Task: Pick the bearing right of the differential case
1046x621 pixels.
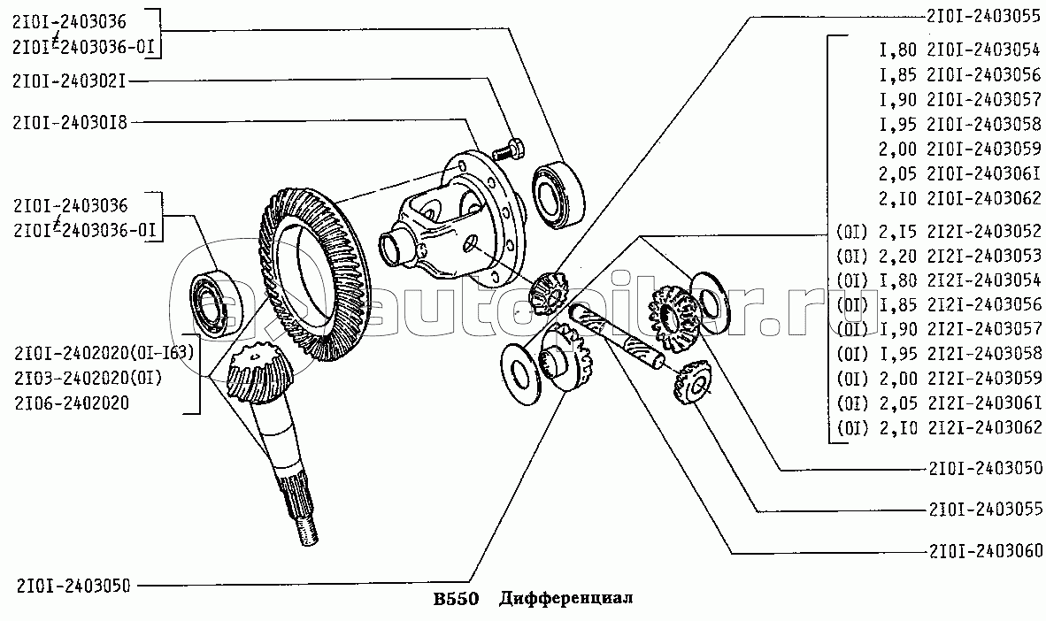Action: pyautogui.click(x=558, y=195)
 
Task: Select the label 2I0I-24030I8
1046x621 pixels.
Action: pyautogui.click(x=69, y=122)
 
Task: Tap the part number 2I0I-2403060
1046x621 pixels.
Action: pyautogui.click(x=985, y=551)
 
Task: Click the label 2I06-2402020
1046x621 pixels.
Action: pyautogui.click(x=72, y=402)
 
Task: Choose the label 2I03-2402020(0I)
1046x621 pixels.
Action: pyautogui.click(x=88, y=379)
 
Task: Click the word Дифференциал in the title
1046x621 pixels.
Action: pyautogui.click(x=566, y=598)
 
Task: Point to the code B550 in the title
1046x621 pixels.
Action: pyautogui.click(x=457, y=598)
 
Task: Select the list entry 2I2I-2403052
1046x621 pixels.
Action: pyautogui.click(x=984, y=231)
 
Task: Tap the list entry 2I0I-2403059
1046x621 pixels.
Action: pyautogui.click(x=984, y=148)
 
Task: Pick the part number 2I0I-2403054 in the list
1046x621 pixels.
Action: pyautogui.click(x=984, y=50)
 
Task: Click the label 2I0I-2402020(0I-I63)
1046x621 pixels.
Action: pyautogui.click(x=104, y=353)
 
